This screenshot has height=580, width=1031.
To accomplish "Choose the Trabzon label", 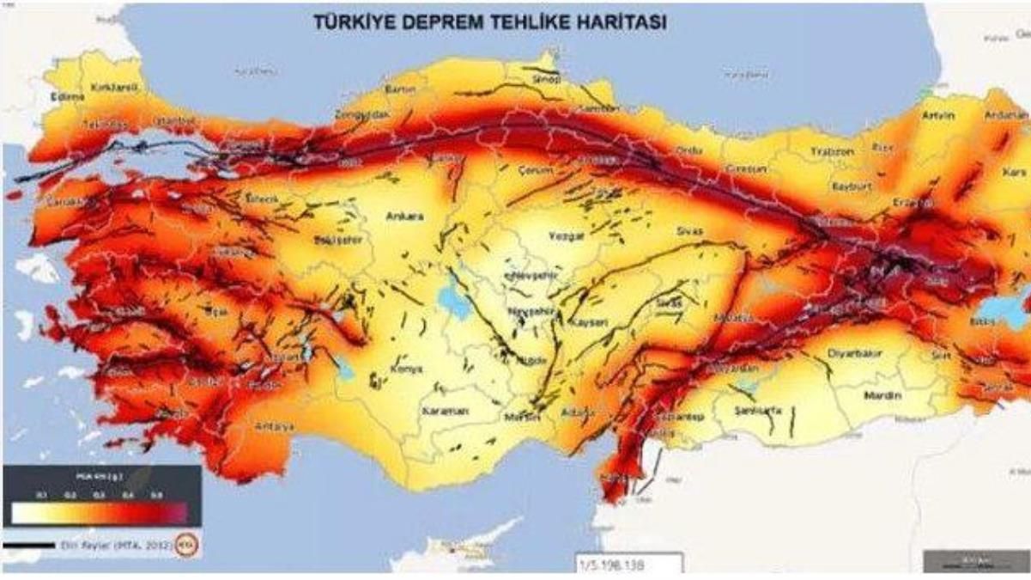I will pos(833,151).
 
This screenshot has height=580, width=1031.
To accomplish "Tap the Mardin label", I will pos(884,396).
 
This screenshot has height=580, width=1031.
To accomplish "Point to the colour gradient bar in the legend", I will pos(100,513).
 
